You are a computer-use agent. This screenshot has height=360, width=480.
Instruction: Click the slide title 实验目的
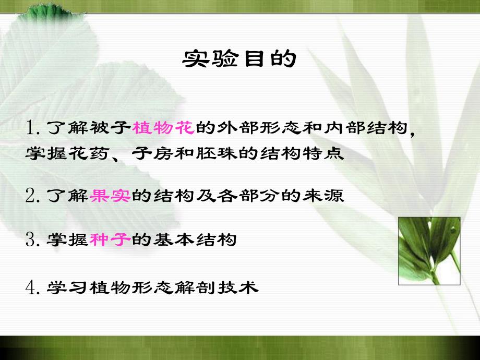239,59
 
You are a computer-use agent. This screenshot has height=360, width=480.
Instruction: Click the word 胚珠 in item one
217,155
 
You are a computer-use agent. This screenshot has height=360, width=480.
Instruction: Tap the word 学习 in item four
68,287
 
